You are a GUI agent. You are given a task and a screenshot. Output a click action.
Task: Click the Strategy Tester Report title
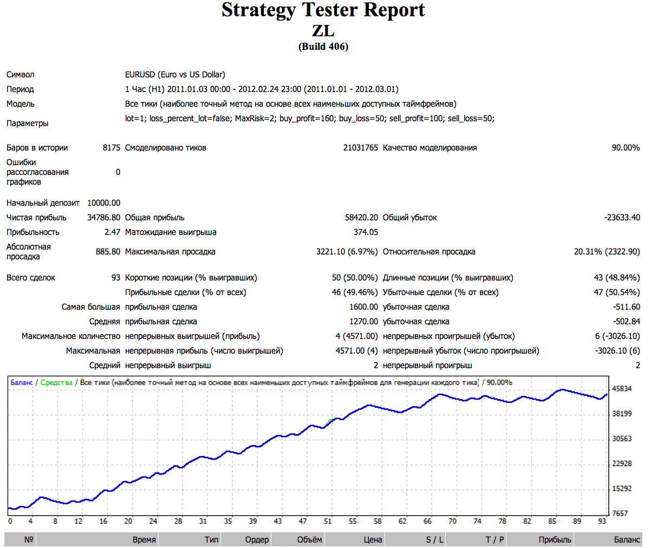point(323,10)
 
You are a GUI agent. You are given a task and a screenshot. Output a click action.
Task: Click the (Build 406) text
point(323,47)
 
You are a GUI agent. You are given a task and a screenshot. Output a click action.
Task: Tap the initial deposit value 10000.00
point(104,203)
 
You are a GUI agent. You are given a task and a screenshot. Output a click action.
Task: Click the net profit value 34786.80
point(104,218)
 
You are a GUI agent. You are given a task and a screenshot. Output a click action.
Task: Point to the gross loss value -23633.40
point(622,218)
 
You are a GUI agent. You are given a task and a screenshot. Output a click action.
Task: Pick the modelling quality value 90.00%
point(626,148)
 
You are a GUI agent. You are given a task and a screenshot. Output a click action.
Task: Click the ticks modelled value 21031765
point(360,148)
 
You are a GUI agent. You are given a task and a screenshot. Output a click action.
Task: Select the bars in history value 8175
point(112,148)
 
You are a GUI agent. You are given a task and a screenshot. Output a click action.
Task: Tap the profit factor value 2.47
point(112,232)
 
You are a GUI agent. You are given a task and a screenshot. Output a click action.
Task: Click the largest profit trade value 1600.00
point(363,307)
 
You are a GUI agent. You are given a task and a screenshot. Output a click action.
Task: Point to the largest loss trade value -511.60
point(627,307)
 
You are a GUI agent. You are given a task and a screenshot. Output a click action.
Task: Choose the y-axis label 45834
point(622,389)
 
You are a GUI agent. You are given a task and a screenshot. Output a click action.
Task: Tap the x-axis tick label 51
point(328,521)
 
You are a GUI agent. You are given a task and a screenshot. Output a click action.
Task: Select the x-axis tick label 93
point(602,521)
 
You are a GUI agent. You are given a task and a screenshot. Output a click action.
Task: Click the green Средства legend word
point(56,383)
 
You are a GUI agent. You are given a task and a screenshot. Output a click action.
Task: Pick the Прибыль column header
point(555,540)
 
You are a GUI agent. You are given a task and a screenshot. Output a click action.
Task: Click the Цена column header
point(373,540)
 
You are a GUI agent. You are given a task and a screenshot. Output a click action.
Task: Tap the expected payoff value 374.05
point(366,232)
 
